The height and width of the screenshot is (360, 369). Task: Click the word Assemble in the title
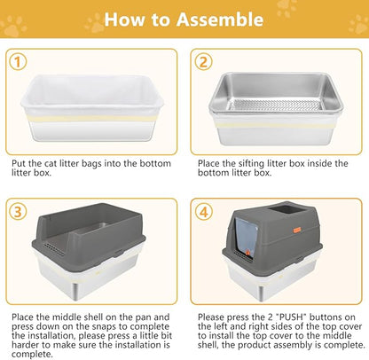[219, 19]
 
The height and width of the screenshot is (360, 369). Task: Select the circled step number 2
[204, 62]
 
